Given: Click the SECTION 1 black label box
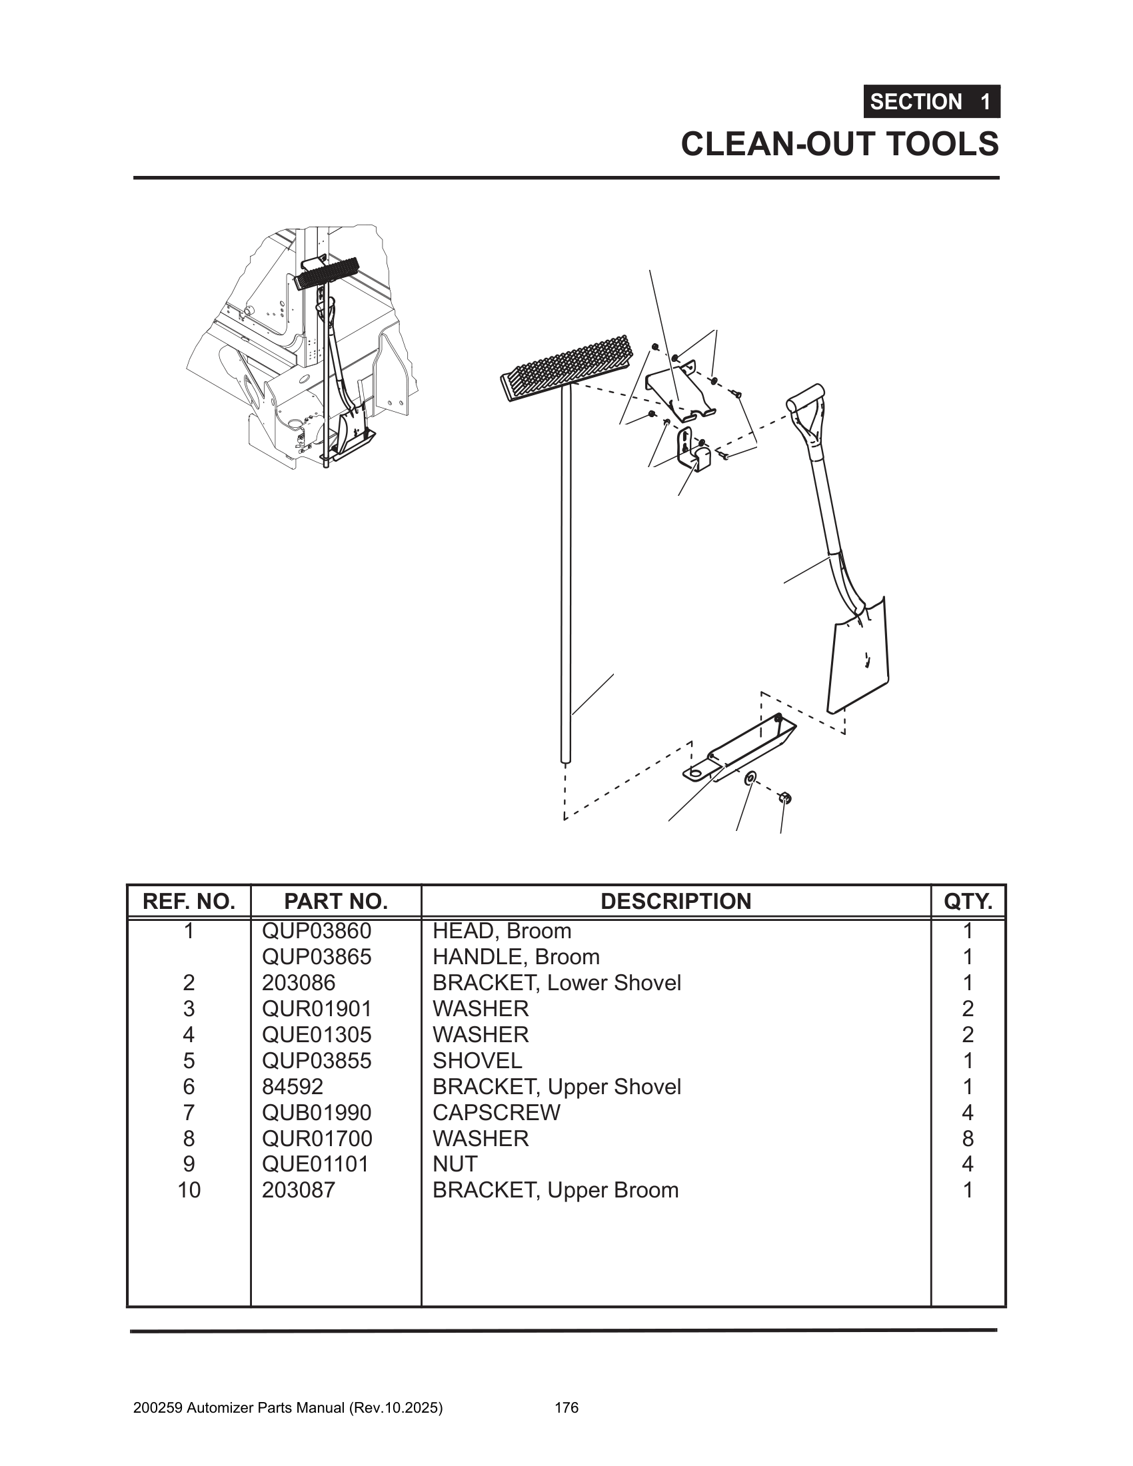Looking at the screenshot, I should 931,102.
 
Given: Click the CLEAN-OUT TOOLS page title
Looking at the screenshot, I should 840,145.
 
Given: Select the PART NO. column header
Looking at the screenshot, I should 336,902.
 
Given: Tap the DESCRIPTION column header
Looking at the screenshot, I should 675,902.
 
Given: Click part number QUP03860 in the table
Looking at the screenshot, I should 316,931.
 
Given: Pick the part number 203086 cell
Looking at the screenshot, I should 298,983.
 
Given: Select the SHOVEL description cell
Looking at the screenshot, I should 477,1061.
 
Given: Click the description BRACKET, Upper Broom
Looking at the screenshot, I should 555,1190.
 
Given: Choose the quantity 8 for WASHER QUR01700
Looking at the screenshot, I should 967,1138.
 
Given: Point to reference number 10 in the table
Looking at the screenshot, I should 189,1190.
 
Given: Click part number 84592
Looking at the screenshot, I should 293,1087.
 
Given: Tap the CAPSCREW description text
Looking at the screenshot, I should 496,1112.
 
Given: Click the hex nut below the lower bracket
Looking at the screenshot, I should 783,798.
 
